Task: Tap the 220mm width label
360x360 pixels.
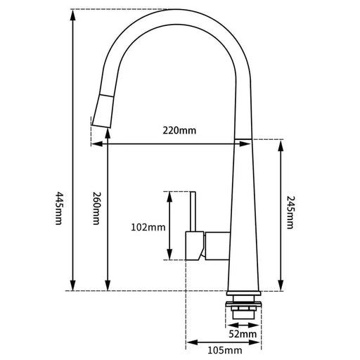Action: (180, 130)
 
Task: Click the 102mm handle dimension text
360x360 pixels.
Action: (148, 227)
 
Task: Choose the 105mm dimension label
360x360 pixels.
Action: (225, 349)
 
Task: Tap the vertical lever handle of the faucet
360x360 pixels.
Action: (191, 211)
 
